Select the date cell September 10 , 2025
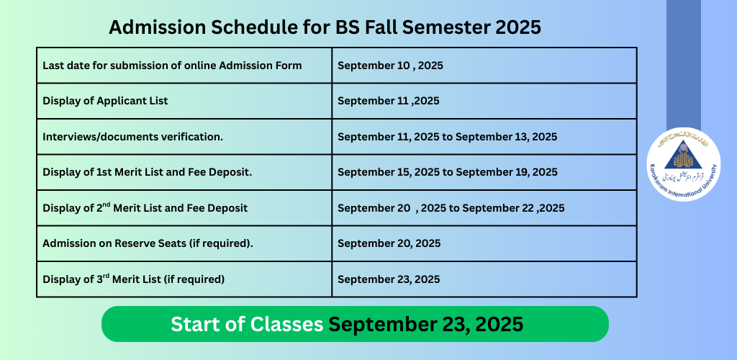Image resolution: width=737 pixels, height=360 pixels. (x=390, y=66)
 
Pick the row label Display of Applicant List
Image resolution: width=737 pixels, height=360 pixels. (x=105, y=101)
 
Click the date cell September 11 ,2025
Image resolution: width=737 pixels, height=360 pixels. (x=388, y=101)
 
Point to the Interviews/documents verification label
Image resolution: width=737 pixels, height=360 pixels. (x=132, y=136)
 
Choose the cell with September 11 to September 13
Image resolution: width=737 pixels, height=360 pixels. (x=447, y=136)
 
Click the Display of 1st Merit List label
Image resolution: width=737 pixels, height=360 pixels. (x=147, y=172)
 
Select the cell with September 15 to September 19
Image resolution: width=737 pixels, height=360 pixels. (x=447, y=172)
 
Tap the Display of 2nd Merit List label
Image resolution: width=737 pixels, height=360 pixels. (x=145, y=208)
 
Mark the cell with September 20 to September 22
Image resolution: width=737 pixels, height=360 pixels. (x=451, y=208)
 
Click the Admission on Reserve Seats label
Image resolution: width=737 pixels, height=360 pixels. (x=148, y=243)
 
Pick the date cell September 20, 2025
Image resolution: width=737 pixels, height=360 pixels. (x=389, y=243)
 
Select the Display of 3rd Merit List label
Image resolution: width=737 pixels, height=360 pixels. (x=134, y=279)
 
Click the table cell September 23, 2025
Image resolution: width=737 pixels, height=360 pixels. (x=389, y=279)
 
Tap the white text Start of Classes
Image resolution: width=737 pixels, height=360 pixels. (x=247, y=325)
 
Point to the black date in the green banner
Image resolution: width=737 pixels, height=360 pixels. (x=426, y=325)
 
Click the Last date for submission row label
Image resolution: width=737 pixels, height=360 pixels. (x=172, y=66)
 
